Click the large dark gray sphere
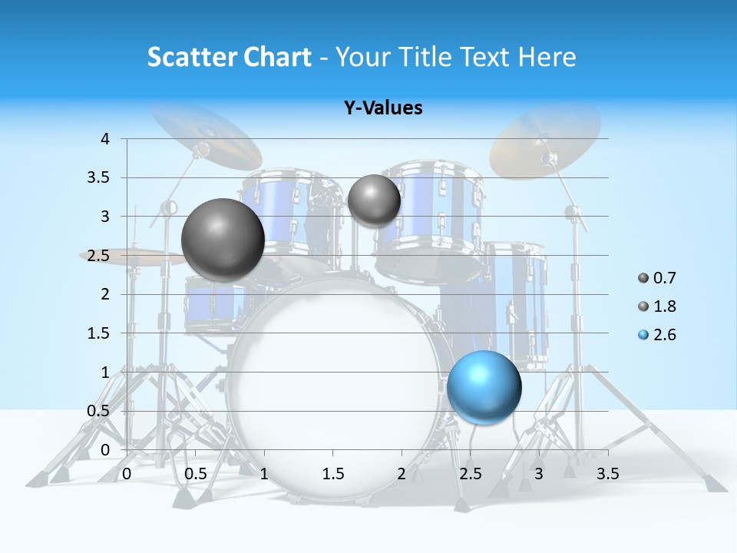223,240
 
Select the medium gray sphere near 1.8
374,200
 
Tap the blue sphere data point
484,387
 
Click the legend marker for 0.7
643,278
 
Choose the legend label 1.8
664,306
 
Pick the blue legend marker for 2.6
643,335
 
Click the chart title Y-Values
383,108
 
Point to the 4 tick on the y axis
105,139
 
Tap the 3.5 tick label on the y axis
100,177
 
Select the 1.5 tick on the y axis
100,333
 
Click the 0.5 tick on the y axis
100,411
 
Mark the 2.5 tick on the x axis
470,474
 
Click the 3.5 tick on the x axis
607,474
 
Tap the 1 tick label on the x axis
264,474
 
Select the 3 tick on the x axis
539,474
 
